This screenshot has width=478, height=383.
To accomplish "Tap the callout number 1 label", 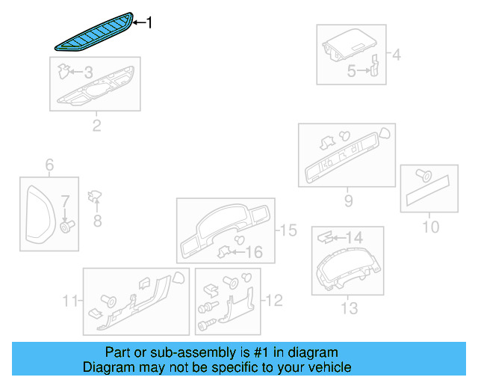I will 149,23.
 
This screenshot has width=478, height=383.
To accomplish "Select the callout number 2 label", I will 96,126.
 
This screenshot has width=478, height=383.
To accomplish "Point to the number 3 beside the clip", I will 88,73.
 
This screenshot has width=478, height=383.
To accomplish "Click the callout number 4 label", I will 397,54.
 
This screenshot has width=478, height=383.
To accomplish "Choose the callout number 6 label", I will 50,165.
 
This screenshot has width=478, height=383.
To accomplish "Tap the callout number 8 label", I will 96,220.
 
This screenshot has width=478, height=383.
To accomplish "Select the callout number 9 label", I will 348,200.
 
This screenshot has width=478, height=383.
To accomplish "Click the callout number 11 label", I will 70,301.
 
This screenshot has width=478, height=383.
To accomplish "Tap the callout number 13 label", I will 349,307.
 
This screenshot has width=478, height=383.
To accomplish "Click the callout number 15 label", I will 288,230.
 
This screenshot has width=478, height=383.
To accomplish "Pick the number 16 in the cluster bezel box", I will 255,253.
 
